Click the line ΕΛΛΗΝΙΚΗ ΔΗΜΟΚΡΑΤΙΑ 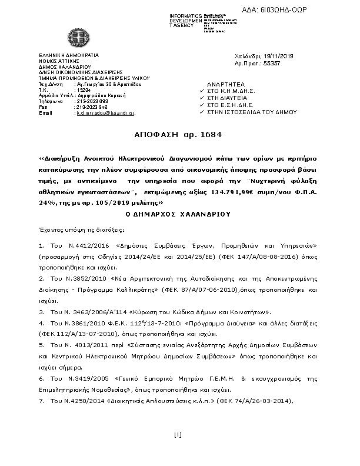63,54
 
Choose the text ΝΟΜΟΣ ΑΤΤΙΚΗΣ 57,61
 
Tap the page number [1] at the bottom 179,435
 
